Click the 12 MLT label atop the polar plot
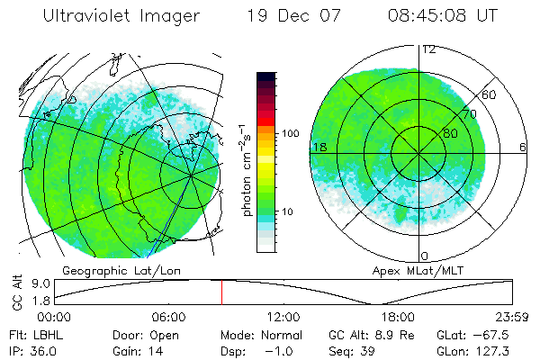pyautogui.click(x=428, y=49)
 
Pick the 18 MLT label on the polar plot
pyautogui.click(x=318, y=147)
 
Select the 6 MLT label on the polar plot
pyautogui.click(x=523, y=147)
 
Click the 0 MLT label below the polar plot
pyautogui.click(x=424, y=256)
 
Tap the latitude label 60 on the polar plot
pyautogui.click(x=490, y=94)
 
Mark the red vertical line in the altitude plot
pyautogui.click(x=221, y=292)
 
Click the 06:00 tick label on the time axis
pyautogui.click(x=169, y=318)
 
